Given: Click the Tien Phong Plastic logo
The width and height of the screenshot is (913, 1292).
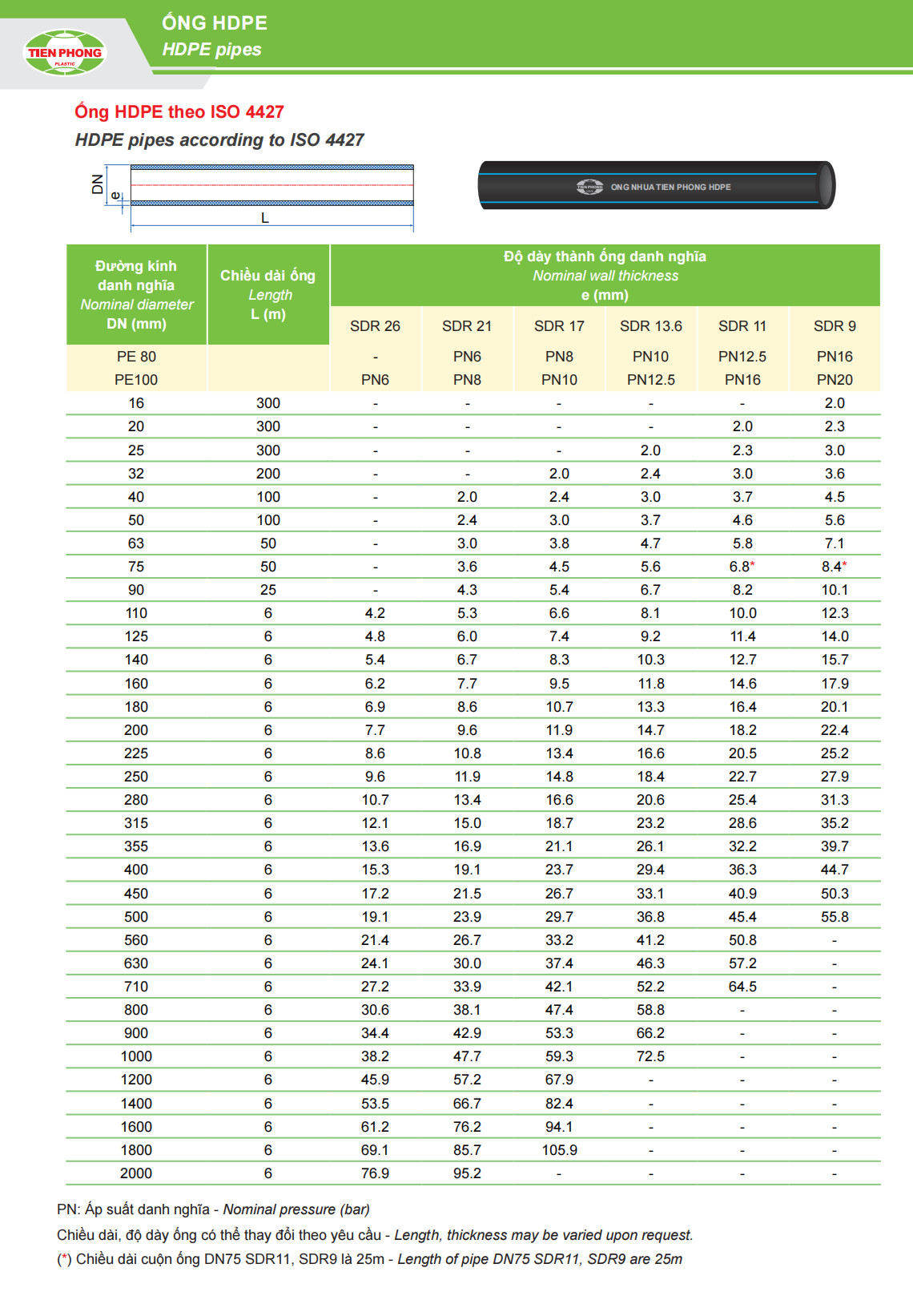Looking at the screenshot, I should point(65,53).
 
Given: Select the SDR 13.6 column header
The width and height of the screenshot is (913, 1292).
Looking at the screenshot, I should point(650,326).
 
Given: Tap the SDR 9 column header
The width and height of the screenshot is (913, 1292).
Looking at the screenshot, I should point(835,326).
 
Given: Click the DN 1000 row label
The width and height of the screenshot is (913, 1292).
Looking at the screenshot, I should point(136,1056).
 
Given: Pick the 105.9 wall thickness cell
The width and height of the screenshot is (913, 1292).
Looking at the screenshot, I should point(559,1150).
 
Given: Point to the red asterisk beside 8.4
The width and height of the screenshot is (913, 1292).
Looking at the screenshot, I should point(845,565).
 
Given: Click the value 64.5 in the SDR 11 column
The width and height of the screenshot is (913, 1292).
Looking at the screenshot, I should point(742,987).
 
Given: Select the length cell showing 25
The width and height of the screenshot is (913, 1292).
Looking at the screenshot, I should point(268,590).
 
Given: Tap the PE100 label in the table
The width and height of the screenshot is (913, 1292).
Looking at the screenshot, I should point(136,380).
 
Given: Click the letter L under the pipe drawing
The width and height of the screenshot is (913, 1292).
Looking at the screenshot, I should point(265,218).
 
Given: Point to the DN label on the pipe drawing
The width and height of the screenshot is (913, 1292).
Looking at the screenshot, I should point(98,184).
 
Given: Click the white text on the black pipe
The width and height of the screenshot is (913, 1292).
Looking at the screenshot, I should point(670,188).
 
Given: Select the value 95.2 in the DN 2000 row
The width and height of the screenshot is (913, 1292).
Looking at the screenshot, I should point(467,1173).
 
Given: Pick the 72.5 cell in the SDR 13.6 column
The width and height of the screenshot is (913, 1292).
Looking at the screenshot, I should point(650,1056).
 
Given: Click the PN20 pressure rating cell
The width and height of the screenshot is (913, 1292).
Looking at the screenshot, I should point(835,380).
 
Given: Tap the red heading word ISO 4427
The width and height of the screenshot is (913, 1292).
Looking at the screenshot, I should point(247,112).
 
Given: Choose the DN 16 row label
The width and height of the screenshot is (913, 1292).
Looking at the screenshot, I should point(136,403).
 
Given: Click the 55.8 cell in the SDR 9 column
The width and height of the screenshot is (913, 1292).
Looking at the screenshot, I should point(835,917).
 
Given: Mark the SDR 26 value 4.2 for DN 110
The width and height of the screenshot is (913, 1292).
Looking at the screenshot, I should point(375,613).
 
